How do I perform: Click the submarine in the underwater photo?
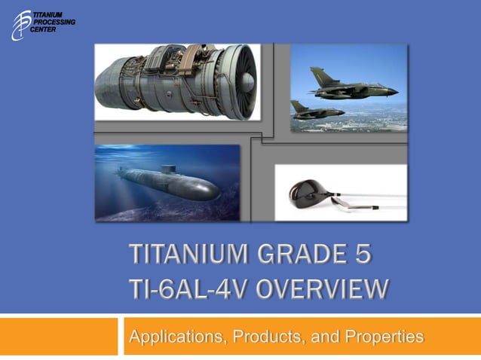170,184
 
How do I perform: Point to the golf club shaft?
369,203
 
